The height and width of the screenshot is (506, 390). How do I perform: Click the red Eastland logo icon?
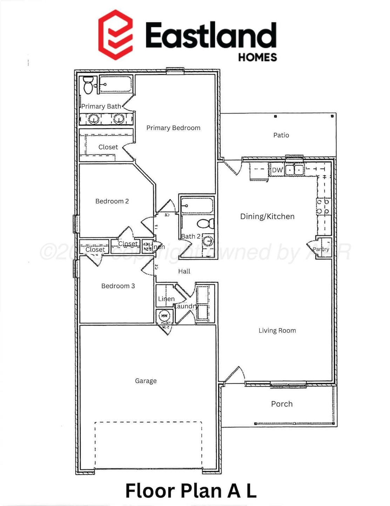pos(115,35)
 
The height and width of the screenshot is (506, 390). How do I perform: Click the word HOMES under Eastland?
pos(257,57)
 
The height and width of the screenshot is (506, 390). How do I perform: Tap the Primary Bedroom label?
pos(173,128)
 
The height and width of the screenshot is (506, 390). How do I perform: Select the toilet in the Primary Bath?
pos(88,85)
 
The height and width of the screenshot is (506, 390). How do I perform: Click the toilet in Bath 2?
pos(206,223)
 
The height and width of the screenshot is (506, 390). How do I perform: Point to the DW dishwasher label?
pos(277,170)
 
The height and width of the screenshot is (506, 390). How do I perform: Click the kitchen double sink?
pos(294,170)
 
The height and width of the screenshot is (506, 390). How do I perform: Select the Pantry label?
pos(321,249)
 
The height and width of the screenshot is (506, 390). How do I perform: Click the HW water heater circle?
pos(164,316)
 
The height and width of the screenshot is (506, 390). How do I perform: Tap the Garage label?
pos(146,381)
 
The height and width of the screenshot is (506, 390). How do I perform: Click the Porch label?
pos(282,404)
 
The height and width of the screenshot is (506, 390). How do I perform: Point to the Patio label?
pos(281,135)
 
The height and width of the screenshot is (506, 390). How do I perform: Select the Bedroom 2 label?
pos(112,201)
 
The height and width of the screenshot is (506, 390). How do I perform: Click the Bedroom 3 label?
pos(118,286)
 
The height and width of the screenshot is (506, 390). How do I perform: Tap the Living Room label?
pos(277,331)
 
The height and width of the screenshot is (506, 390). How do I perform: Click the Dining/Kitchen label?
pos(267,216)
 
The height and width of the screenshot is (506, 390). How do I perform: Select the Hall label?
pos(184,271)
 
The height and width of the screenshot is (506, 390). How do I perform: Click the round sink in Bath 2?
pos(208,241)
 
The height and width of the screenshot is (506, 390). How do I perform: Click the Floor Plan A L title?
pos(191,491)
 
